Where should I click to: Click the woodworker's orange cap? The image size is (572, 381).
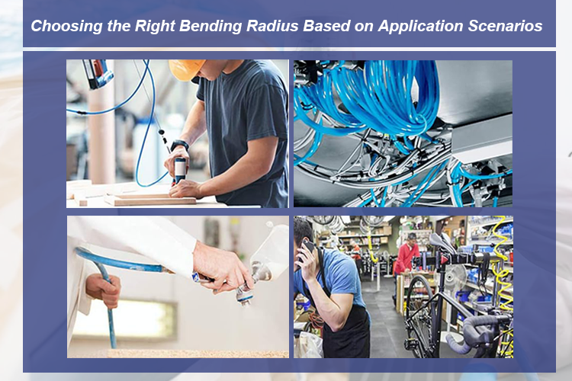click(x=185, y=69)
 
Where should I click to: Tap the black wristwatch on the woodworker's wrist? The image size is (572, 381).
click(x=179, y=145)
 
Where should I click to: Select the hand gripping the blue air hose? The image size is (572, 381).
click(x=101, y=289)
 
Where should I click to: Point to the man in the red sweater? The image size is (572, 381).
click(x=407, y=256)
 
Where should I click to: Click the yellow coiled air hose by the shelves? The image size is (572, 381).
click(x=500, y=251)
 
